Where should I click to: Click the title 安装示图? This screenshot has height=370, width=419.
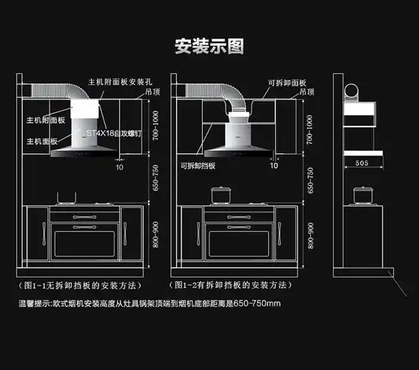click(209, 47)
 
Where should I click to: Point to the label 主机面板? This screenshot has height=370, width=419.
click(42, 141)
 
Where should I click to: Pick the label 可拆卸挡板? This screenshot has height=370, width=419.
click(196, 166)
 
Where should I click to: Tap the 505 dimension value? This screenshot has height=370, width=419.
click(362, 162)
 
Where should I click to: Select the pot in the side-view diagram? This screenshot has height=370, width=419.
click(362, 195)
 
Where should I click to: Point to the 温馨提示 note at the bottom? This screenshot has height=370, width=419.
click(150, 303)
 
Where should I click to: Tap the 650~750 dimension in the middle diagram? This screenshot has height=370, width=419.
click(310, 179)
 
